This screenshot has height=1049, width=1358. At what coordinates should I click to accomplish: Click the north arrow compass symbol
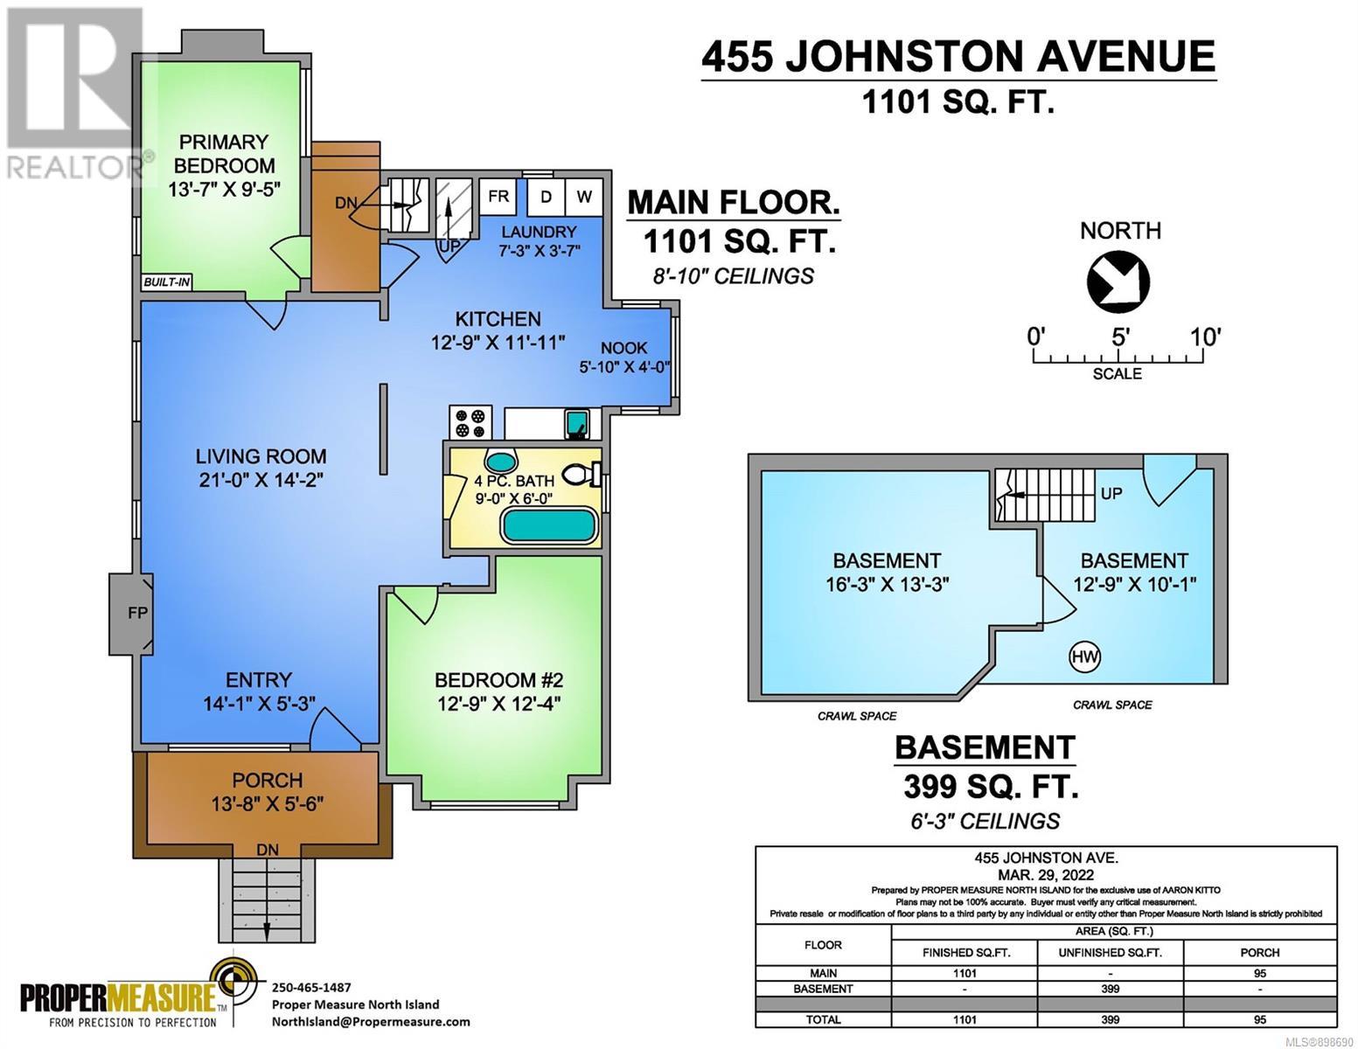point(1118,281)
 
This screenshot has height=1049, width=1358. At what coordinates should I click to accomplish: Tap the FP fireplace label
point(137,613)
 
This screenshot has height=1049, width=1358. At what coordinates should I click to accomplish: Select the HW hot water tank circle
point(1084,656)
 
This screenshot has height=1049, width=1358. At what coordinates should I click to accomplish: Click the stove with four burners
point(470,422)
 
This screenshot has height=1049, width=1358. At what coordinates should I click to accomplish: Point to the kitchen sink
point(576,424)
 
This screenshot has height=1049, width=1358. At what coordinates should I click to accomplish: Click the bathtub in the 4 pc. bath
point(548,524)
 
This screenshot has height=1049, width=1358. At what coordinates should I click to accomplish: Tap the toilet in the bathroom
point(582,476)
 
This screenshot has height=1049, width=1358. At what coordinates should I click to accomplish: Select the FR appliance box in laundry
point(498,197)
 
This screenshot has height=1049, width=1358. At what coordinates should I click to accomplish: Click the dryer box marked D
point(546,198)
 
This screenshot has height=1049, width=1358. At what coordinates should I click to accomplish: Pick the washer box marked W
point(584,198)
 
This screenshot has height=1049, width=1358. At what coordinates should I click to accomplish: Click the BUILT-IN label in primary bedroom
point(166,281)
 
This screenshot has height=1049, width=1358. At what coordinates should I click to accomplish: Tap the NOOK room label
point(623,348)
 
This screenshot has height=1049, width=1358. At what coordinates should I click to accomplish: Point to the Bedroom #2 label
point(498,680)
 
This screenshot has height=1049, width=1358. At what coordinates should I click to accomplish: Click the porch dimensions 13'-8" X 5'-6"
point(268,803)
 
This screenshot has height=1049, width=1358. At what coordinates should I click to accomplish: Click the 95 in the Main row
point(1259,973)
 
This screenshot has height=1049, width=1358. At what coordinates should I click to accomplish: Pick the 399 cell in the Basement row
point(1110,989)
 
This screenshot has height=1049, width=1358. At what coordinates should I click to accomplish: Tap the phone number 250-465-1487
point(311,987)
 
